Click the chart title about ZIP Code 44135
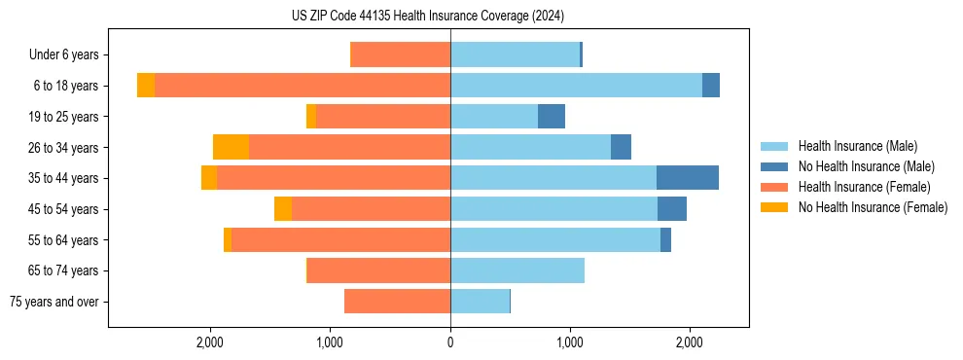pyautogui.click(x=428, y=16)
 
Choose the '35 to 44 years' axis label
pyautogui.click(x=63, y=178)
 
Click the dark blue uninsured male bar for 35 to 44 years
pyautogui.click(x=688, y=178)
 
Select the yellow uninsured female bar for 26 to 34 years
pyautogui.click(x=231, y=147)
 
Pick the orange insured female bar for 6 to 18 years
pyautogui.click(x=302, y=86)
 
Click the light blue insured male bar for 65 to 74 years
pyautogui.click(x=517, y=270)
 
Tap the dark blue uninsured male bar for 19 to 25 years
pyautogui.click(x=552, y=117)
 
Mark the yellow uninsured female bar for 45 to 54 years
pyautogui.click(x=283, y=209)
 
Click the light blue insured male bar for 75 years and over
pyautogui.click(x=480, y=302)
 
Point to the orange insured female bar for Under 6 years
pyautogui.click(x=400, y=55)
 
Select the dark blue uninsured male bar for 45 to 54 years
pyautogui.click(x=672, y=209)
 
